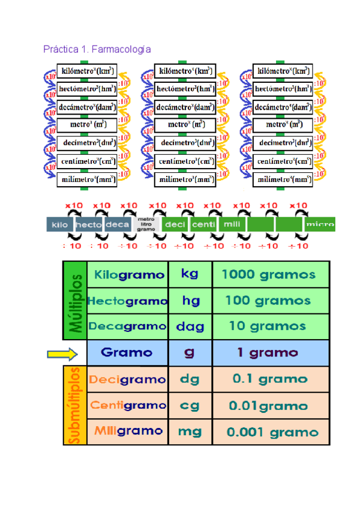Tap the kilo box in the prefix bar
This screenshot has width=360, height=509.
click(59, 224)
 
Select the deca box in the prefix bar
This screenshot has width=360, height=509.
click(117, 224)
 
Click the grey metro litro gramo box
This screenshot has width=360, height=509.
click(146, 224)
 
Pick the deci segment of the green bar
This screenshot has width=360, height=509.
click(175, 224)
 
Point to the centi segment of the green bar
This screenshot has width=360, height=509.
click(203, 224)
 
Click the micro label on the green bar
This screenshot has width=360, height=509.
click(319, 224)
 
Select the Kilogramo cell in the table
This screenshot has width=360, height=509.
click(128, 275)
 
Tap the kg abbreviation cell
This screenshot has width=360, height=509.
click(190, 274)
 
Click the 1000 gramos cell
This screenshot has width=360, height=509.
click(268, 275)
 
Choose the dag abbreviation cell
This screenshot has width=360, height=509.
click(190, 327)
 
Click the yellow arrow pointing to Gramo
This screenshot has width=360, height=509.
click(62, 354)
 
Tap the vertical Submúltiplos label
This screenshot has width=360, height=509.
click(76, 406)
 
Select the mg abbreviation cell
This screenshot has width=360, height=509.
click(190, 431)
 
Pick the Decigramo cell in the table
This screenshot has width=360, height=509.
click(127, 379)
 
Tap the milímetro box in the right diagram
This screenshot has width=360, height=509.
click(284, 178)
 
